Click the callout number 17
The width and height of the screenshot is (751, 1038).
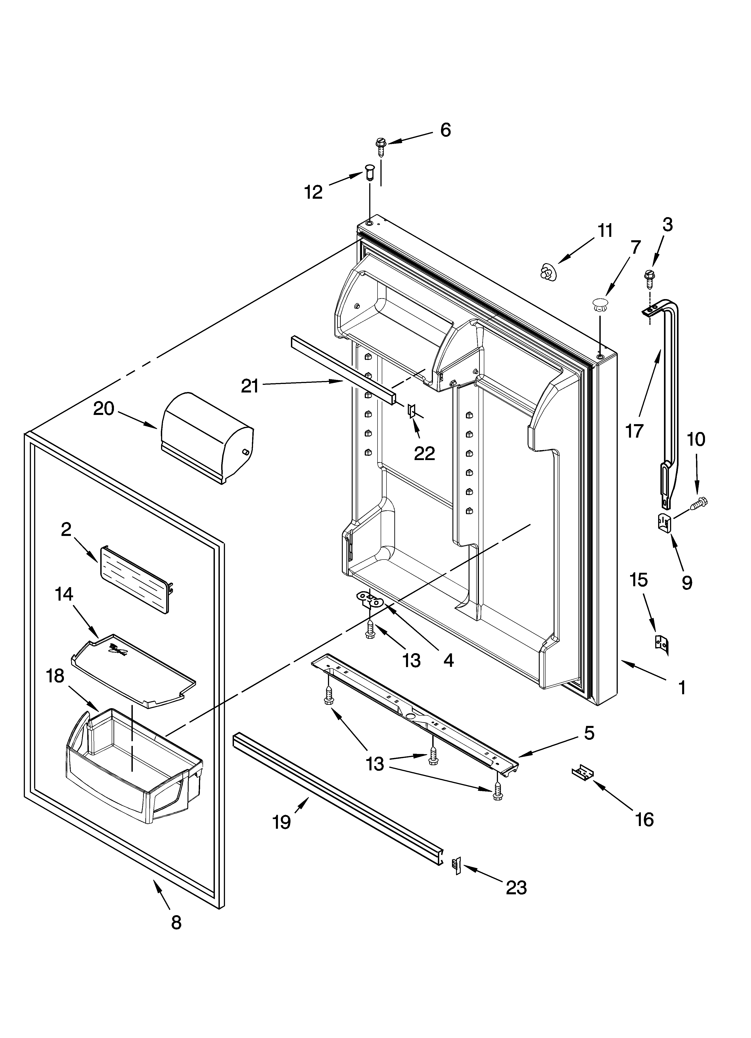pyautogui.click(x=634, y=431)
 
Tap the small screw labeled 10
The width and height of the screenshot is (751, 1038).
pyautogui.click(x=699, y=503)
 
